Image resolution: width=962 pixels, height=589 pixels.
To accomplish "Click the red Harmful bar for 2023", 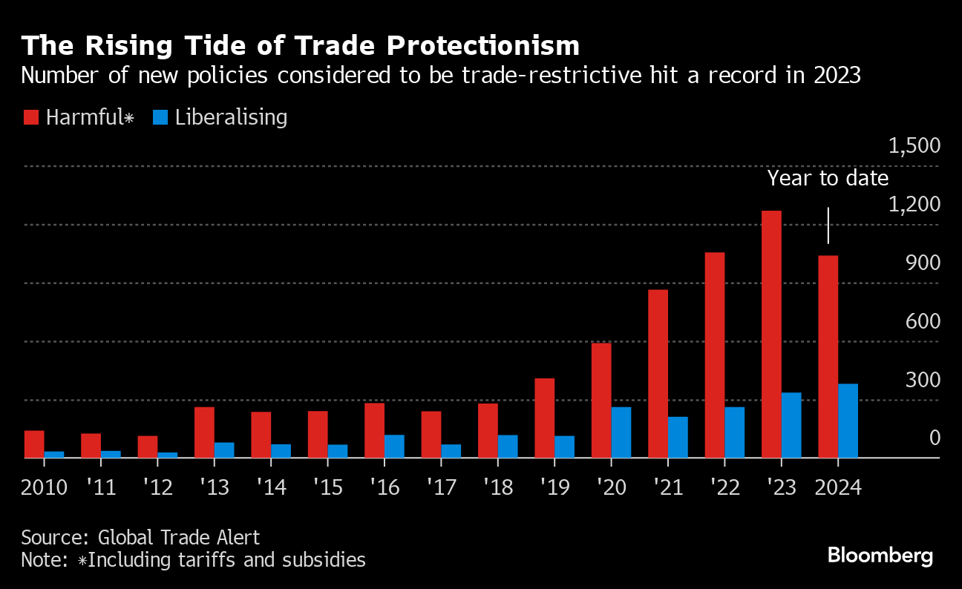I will [771, 334].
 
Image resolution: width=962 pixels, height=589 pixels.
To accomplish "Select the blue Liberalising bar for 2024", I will [848, 421].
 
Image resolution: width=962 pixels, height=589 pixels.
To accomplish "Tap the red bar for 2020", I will [601, 400].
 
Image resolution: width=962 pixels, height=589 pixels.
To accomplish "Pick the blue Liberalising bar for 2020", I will [621, 432].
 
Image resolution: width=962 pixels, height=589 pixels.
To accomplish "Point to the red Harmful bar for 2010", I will [34, 444].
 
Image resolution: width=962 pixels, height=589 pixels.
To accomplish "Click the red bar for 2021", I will [658, 373].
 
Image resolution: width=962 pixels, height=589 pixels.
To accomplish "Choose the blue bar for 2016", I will [394, 446].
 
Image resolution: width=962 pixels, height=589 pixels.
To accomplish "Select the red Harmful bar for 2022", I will [715, 355].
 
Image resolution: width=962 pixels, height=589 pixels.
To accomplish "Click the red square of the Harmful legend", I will [30, 117].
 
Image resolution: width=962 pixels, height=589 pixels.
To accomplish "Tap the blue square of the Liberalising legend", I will [160, 117].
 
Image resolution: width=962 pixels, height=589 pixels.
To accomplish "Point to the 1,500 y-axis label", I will [914, 145].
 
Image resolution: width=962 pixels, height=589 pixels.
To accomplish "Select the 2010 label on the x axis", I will [45, 487].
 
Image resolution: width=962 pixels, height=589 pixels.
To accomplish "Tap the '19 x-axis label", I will [554, 487].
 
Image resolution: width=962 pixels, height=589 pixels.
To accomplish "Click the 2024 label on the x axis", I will [837, 487].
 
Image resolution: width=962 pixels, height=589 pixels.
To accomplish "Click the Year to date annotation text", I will [827, 178].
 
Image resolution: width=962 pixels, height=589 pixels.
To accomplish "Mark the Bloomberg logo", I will [880, 556].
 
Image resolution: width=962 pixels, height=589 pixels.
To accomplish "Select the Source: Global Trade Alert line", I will [140, 537].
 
